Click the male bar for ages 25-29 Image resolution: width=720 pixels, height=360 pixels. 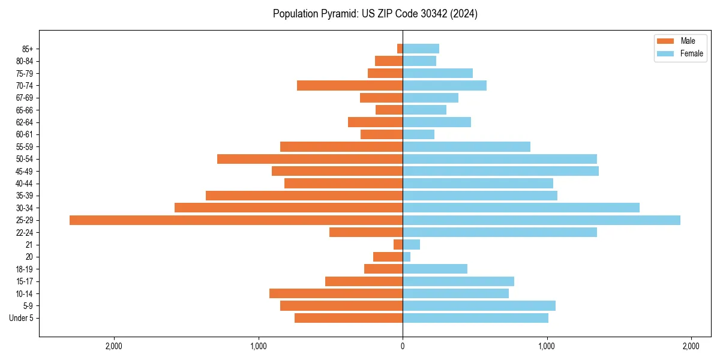(x=236, y=220)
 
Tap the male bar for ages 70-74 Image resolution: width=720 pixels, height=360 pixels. (x=350, y=86)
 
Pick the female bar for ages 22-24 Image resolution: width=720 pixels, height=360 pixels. (x=500, y=232)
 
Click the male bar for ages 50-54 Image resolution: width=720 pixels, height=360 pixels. (x=310, y=159)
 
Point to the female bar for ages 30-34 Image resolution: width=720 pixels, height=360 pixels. (x=521, y=208)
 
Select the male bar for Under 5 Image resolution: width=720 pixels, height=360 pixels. (x=349, y=318)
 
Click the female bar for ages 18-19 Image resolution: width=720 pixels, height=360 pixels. (x=435, y=269)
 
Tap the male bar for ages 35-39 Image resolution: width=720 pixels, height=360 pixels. (x=304, y=196)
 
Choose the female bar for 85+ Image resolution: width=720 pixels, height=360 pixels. (x=421, y=49)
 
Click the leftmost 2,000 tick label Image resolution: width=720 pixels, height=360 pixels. (x=114, y=346)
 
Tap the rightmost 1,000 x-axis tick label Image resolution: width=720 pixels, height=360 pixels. (x=547, y=346)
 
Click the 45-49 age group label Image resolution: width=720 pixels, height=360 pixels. (x=25, y=171)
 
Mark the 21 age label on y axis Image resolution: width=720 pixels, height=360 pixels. (x=29, y=245)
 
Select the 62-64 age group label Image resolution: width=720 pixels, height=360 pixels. (x=25, y=122)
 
